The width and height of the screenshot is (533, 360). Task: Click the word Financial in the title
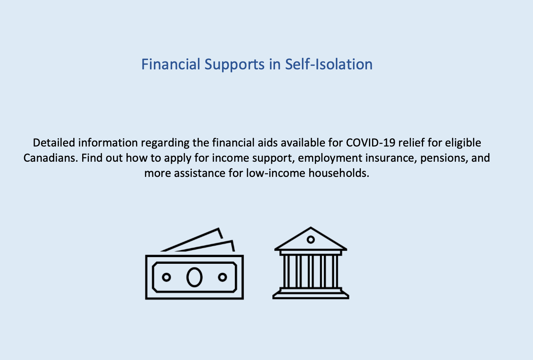(x=171, y=64)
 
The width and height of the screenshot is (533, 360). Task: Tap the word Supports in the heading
(x=235, y=65)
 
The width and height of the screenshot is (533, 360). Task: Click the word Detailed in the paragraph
(x=54, y=143)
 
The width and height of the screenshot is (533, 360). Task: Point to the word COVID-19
(x=371, y=143)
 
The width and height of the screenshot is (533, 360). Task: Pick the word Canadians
(x=51, y=158)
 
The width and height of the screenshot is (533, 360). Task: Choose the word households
(x=339, y=173)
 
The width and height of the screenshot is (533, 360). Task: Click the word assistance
(x=199, y=173)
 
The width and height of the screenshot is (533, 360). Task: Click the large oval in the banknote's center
(x=194, y=277)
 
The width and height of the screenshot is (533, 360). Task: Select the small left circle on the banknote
(x=166, y=277)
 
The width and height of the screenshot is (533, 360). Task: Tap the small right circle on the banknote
(x=222, y=277)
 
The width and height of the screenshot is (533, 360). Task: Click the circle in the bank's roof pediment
(x=311, y=240)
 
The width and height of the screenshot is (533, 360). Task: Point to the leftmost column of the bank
(x=286, y=272)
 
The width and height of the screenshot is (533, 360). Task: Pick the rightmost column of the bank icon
(x=335, y=272)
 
